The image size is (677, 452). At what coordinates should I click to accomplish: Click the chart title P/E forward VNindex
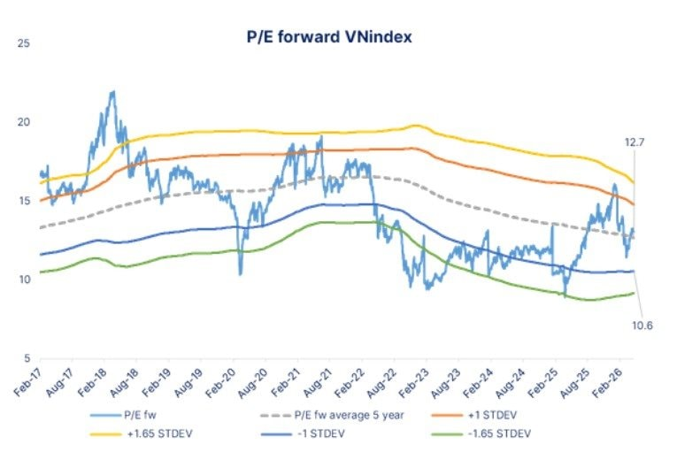(329, 36)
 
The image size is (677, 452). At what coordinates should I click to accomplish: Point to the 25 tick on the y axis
(24, 43)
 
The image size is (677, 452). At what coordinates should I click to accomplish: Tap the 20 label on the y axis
(24, 122)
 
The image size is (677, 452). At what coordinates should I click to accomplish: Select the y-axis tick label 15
(24, 201)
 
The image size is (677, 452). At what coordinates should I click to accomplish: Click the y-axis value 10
(24, 280)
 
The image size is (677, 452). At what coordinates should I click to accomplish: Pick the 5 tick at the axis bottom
(27, 358)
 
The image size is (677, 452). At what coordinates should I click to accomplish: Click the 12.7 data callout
(635, 142)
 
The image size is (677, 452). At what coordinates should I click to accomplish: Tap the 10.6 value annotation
(642, 326)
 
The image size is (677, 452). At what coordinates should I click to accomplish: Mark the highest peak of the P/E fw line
(113, 91)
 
